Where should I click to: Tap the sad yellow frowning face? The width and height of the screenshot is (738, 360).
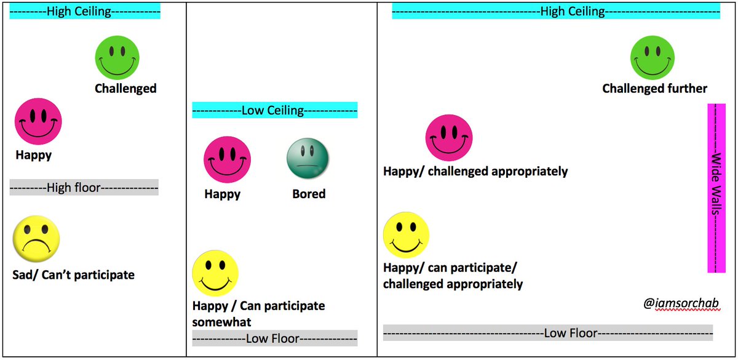click(37, 238)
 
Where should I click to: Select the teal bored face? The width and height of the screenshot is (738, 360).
click(308, 159)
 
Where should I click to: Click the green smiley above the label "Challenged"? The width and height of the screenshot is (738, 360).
click(117, 57)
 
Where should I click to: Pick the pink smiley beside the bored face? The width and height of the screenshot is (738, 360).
click(228, 159)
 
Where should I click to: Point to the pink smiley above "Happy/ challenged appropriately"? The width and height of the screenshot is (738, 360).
click(449, 137)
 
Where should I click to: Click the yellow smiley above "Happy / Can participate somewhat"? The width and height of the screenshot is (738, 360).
click(215, 272)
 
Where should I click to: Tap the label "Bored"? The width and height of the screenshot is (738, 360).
click(309, 194)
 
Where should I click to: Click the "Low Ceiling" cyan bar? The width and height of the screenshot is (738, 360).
click(274, 110)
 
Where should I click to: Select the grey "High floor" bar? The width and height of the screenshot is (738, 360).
click(84, 187)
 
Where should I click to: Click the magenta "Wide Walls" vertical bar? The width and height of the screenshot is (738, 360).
click(716, 188)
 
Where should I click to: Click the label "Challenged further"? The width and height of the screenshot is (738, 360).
click(654, 89)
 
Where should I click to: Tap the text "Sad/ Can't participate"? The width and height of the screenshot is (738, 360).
click(73, 274)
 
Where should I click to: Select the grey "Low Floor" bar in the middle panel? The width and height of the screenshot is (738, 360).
click(274, 338)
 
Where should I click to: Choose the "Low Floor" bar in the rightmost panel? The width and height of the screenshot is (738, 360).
click(547, 333)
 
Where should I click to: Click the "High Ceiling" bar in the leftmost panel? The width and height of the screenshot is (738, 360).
click(85, 12)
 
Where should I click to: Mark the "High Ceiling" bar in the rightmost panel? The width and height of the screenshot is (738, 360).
click(556, 12)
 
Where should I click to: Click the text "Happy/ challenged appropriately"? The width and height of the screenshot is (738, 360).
click(475, 171)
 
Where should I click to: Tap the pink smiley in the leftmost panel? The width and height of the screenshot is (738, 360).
click(38, 120)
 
